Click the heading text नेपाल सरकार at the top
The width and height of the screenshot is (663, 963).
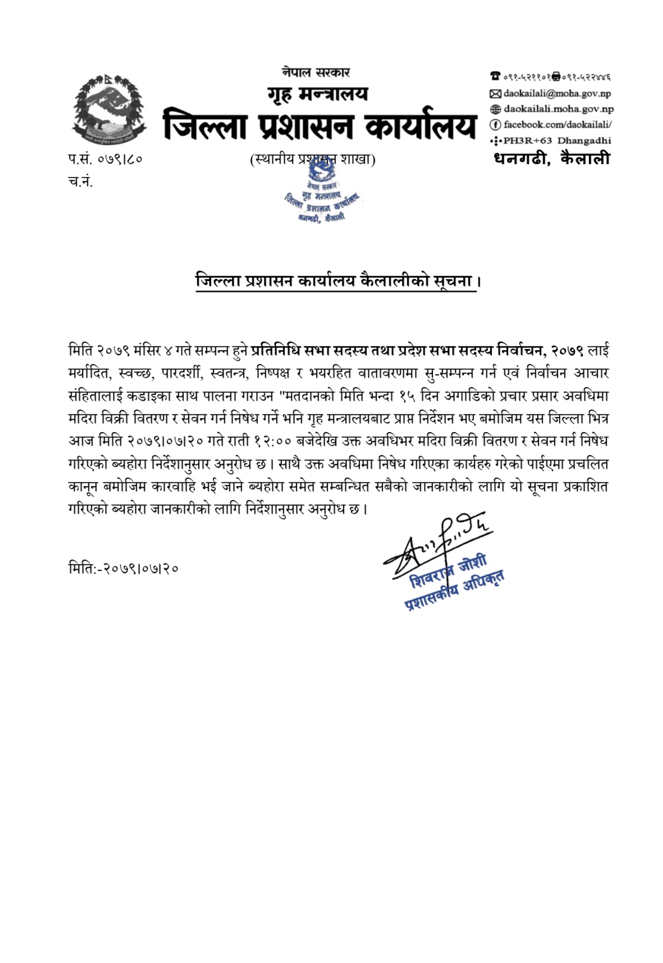coord(317,72)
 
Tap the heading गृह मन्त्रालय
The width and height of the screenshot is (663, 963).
coord(318,94)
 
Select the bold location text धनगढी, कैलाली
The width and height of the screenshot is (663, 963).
coord(552,158)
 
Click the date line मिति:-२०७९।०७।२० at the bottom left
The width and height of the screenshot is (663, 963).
coord(124,568)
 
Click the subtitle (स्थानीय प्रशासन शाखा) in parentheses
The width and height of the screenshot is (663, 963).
coord(313,160)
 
